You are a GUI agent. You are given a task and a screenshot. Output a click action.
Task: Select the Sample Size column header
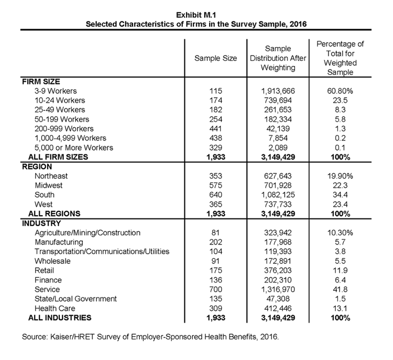coord(215,58)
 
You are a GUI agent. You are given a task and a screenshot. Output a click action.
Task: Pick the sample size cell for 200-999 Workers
coord(215,129)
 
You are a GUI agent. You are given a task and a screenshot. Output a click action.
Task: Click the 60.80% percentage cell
coord(340,91)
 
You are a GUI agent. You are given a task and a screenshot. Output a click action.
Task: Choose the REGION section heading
coord(38,167)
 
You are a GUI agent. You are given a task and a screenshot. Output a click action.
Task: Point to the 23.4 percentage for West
coord(340,204)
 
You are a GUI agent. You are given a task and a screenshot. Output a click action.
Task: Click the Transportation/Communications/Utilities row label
coord(102,252)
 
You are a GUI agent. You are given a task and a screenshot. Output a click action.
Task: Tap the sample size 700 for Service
coord(215,289)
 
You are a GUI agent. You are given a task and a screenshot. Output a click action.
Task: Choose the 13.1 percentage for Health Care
coord(340,308)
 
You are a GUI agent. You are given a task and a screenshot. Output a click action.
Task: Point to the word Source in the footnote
coord(34,338)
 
